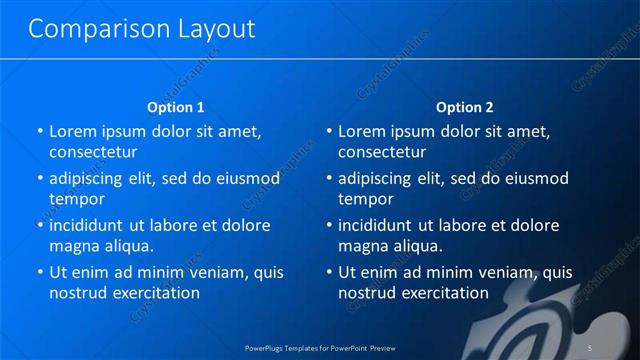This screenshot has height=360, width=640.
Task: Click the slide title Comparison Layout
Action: click(x=141, y=29)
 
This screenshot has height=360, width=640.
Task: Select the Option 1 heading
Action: click(x=176, y=107)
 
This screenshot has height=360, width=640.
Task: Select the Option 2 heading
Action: click(x=465, y=107)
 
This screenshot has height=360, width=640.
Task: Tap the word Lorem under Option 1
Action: click(x=71, y=131)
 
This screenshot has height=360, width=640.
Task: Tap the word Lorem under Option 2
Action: click(x=360, y=131)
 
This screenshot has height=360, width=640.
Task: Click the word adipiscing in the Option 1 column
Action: click(x=91, y=179)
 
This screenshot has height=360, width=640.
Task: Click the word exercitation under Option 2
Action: click(x=441, y=294)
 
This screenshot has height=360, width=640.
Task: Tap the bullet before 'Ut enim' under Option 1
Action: click(x=40, y=272)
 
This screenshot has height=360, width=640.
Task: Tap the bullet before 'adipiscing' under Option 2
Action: click(x=329, y=179)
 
